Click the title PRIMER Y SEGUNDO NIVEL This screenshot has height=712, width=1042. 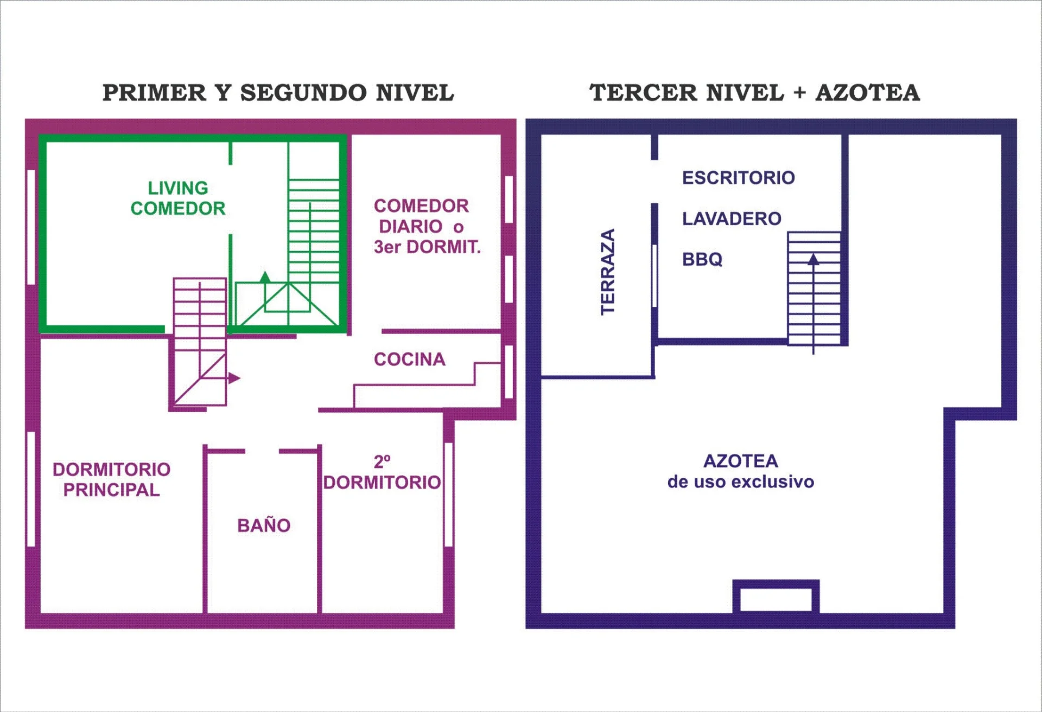278,93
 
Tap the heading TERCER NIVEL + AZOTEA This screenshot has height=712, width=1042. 754,93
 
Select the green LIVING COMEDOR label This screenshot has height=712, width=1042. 178,198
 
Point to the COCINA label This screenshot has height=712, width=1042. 410,359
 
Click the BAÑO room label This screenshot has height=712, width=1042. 264,524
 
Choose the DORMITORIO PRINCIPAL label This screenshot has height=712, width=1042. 111,479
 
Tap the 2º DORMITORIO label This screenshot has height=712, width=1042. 382,472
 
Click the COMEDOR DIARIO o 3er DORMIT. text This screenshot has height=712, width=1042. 427,226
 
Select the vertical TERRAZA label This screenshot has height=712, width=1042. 608,272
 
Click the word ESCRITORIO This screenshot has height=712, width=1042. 739,177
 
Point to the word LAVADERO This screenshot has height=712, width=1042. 732,219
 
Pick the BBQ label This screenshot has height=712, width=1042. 702,259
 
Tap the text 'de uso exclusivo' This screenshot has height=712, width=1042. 741,482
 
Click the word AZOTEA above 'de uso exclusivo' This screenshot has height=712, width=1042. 741,461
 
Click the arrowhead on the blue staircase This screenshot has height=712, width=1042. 813,259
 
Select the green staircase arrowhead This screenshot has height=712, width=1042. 265,277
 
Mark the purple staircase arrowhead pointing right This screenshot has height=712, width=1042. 234,378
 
